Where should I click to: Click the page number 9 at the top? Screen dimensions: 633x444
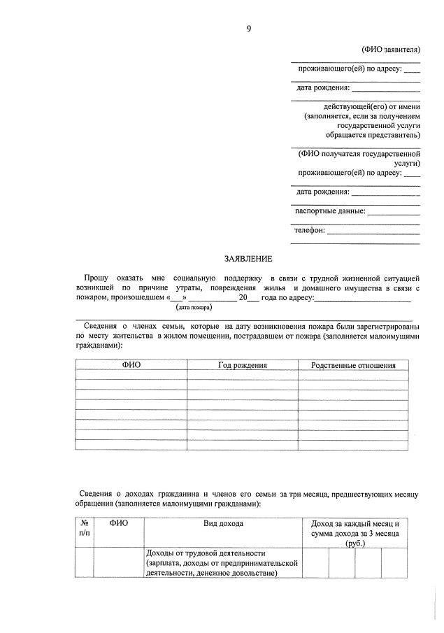[249, 29]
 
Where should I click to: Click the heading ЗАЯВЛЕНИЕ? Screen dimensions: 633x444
[248, 259]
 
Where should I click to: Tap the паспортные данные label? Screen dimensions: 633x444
[330, 211]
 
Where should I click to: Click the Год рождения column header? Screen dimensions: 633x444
[243, 365]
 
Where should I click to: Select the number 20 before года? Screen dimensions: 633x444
[243, 298]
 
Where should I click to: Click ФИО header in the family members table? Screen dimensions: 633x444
[131, 365]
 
